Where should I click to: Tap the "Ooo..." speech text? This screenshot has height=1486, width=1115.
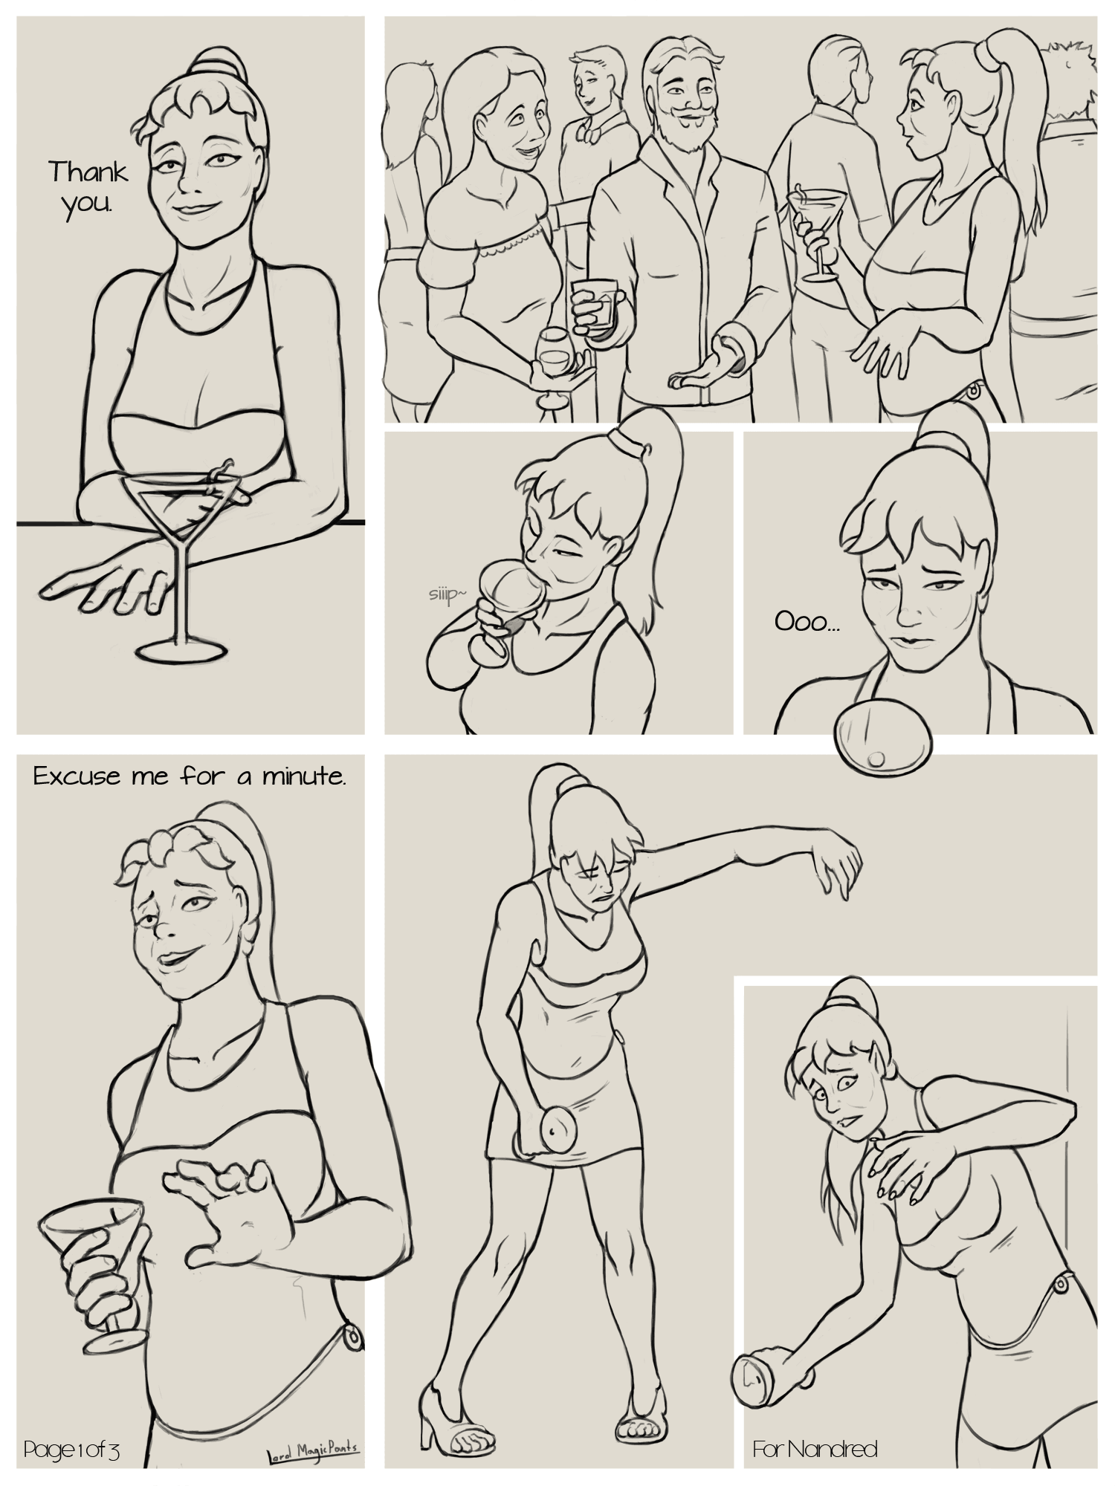tap(807, 623)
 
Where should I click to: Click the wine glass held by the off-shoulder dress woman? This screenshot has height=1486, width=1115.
tap(552, 364)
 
